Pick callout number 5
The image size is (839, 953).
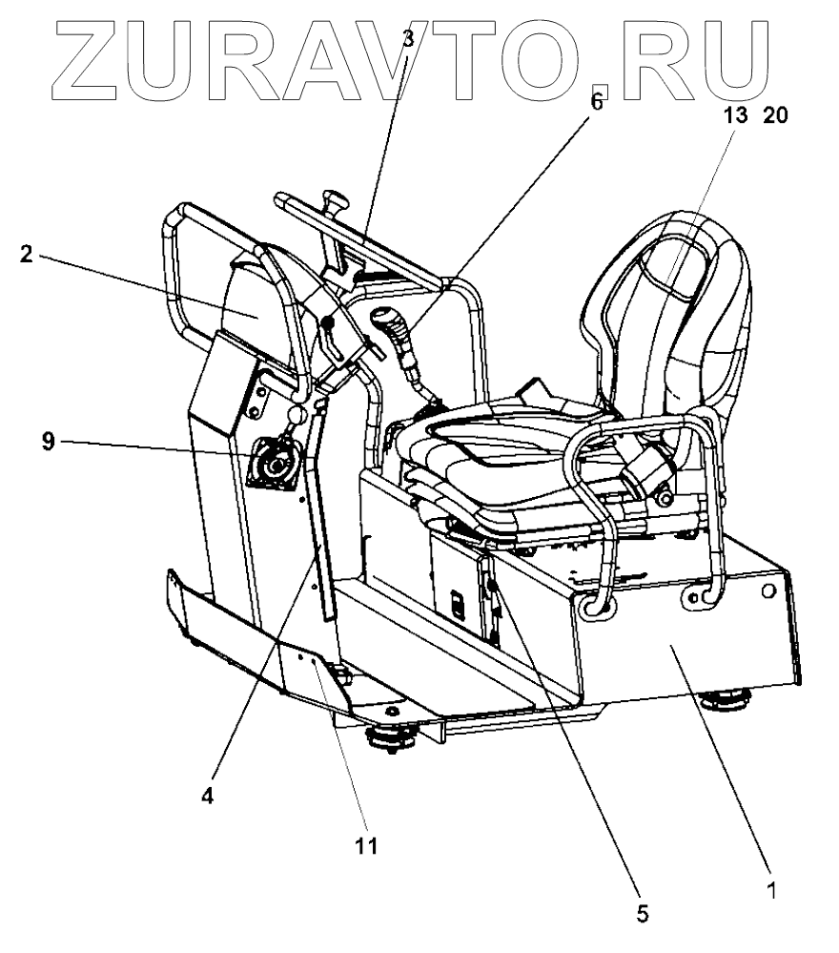[643, 913]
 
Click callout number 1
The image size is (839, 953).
[772, 893]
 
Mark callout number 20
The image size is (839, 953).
[776, 116]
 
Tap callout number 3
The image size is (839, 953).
[407, 39]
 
